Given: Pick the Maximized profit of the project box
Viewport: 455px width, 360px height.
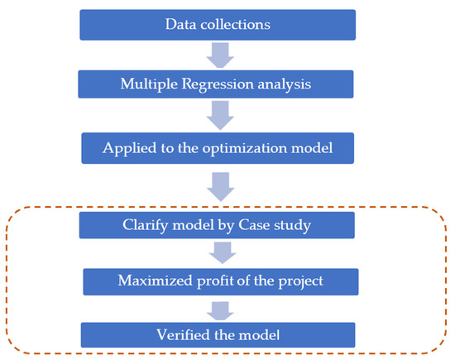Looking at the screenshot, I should click(220, 281).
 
